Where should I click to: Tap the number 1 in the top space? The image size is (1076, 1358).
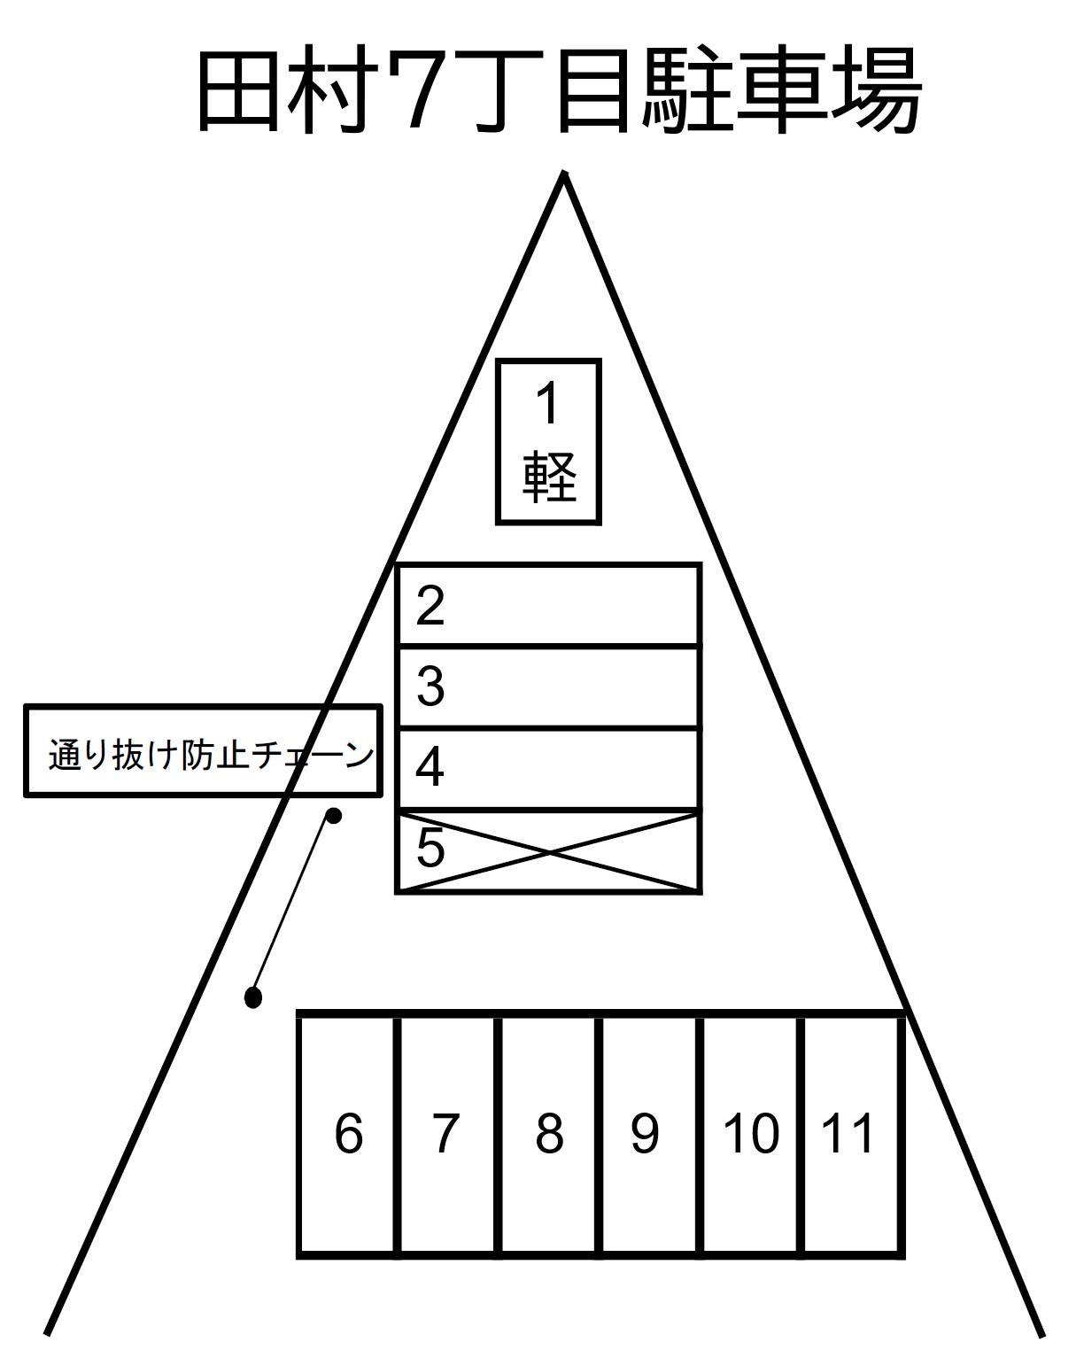pyautogui.click(x=547, y=404)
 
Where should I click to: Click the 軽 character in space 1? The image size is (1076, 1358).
pyautogui.click(x=549, y=477)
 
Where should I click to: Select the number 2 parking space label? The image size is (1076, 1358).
pyautogui.click(x=430, y=606)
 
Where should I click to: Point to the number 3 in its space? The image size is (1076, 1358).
pyautogui.click(x=430, y=686)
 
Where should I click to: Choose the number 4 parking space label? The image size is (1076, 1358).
pyautogui.click(x=430, y=767)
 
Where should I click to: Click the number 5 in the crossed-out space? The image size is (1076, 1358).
pyautogui.click(x=430, y=848)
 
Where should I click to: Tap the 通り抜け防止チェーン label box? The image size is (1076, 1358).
pyautogui.click(x=203, y=750)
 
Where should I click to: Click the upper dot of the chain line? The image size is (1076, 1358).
pyautogui.click(x=334, y=816)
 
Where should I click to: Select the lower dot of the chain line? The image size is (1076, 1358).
pyautogui.click(x=253, y=998)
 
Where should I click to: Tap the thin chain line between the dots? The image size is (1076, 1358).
pyautogui.click(x=293, y=907)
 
